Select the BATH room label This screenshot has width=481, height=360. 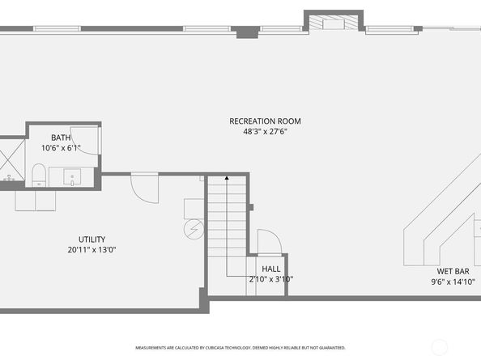tap(61, 138)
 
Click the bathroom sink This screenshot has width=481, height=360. tap(71, 176)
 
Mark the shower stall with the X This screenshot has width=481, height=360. tap(11, 158)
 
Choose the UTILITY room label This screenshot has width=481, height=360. tap(92, 239)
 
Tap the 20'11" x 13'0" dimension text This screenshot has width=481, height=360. tap(92, 250)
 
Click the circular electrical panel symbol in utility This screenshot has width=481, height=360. tap(193, 230)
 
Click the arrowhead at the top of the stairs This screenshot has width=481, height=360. tap(227, 177)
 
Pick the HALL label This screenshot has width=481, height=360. tap(270, 269)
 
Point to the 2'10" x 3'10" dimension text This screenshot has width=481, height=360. tap(270, 279)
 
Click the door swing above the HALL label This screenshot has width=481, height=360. tap(268, 243)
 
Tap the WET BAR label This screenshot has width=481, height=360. tap(453, 272)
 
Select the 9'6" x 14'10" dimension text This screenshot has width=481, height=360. tap(453, 282)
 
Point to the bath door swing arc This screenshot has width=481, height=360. tap(88, 142)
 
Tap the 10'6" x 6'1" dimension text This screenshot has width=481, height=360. tap(61, 148)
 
